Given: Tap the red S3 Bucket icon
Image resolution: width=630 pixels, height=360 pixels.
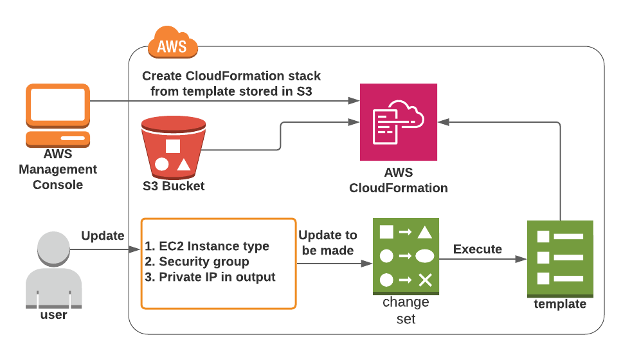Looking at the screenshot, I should (173, 147).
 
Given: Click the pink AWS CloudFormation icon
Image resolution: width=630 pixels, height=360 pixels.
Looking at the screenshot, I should (398, 122).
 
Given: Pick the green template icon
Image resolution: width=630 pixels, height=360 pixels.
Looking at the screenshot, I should (560, 258).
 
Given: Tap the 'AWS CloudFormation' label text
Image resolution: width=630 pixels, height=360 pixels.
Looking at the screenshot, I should (398, 181).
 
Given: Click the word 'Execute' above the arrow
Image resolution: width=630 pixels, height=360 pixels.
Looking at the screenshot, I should (478, 249).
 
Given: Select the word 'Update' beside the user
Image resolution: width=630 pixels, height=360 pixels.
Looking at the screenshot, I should (102, 236).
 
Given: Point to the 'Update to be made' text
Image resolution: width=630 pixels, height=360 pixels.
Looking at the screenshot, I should (328, 242).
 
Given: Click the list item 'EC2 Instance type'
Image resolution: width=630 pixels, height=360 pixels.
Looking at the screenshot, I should (207, 246).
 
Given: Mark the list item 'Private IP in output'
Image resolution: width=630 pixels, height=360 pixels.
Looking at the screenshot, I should (210, 277).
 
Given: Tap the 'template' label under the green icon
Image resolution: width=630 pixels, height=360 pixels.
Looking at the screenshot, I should (560, 304).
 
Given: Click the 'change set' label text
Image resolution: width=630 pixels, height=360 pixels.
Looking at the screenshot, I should (406, 310).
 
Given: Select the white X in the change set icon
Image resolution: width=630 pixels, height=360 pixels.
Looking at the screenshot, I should (424, 280).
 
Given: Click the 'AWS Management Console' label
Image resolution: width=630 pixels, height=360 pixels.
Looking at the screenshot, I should (58, 170).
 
